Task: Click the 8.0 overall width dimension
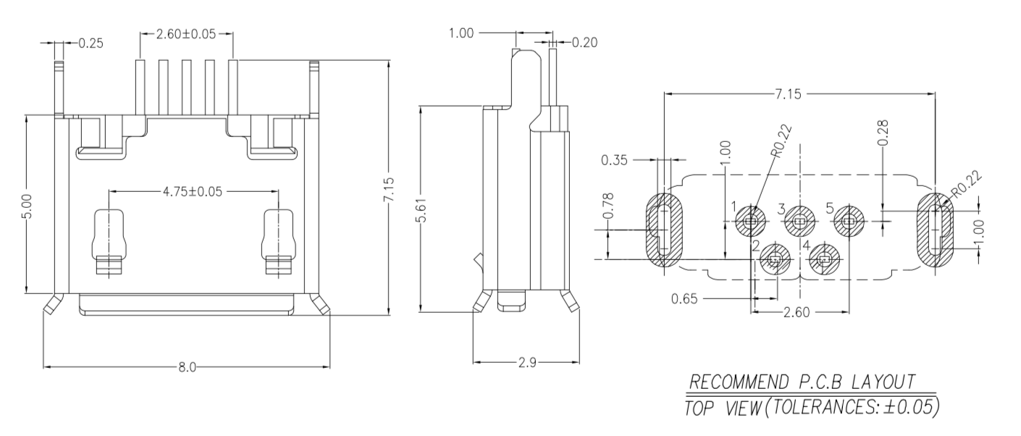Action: (187, 366)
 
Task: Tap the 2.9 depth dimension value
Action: (527, 362)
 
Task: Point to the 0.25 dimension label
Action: (90, 43)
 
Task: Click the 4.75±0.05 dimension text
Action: (193, 191)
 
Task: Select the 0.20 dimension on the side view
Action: (585, 43)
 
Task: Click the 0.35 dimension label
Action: (614, 159)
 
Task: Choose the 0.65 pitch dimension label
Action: (684, 298)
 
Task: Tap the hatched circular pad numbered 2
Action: (774, 259)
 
